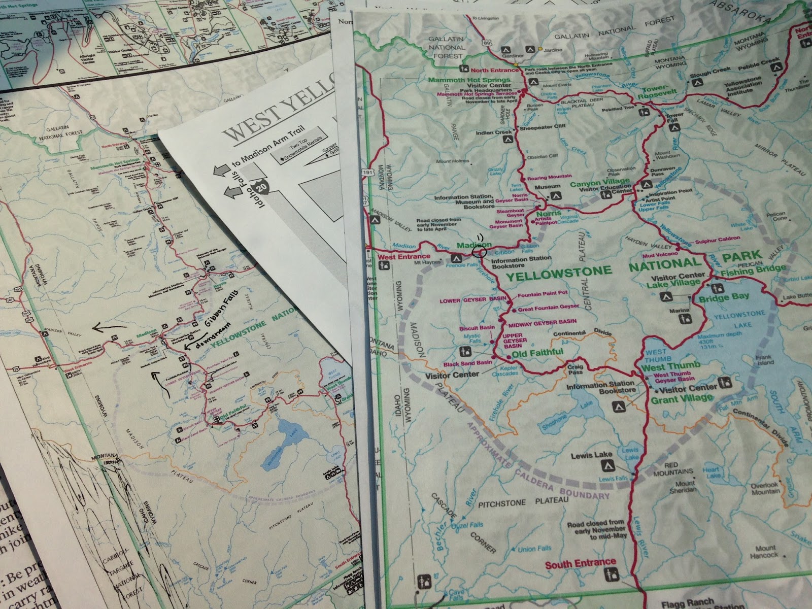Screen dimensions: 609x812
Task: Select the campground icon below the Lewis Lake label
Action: click(608, 465)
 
